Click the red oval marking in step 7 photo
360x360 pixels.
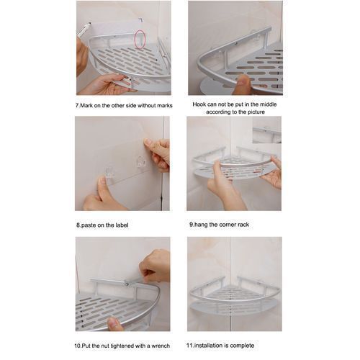140,39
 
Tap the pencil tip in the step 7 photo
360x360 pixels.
90,23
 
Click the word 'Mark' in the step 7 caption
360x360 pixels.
86,106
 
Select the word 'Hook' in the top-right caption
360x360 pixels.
199,104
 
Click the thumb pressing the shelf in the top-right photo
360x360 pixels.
243,81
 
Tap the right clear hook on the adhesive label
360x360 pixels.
141,162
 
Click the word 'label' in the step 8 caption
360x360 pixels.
121,225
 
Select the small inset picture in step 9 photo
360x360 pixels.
267,130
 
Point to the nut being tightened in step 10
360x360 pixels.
127,284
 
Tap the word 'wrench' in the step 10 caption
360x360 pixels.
161,346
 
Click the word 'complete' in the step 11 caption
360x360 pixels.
242,346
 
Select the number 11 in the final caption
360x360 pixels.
189,346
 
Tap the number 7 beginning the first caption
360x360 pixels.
77,106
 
